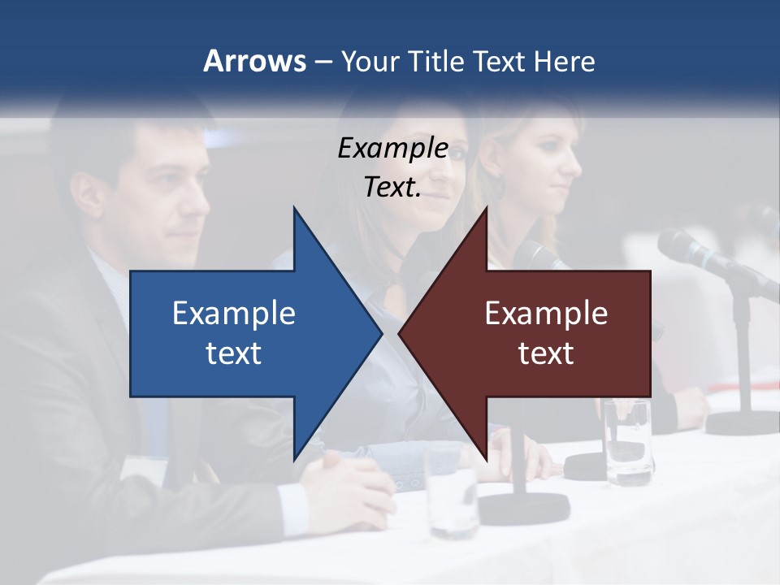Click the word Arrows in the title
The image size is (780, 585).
click(x=254, y=62)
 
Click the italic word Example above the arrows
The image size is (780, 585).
click(x=392, y=148)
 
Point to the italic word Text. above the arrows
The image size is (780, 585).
click(x=392, y=187)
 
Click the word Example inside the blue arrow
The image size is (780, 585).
click(x=234, y=313)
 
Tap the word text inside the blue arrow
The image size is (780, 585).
click(x=234, y=353)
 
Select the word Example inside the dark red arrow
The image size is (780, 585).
click(x=546, y=313)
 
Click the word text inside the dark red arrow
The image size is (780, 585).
click(x=546, y=353)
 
